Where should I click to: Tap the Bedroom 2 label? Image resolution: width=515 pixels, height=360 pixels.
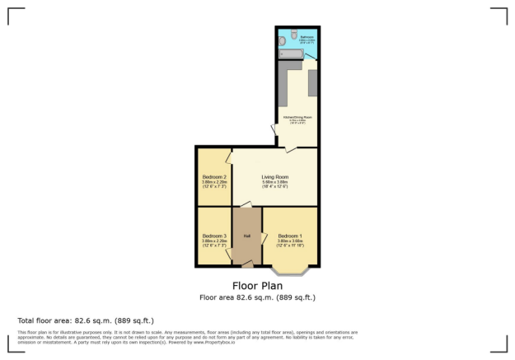coord(214,176)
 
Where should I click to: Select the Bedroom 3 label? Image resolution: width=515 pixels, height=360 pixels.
coord(214,236)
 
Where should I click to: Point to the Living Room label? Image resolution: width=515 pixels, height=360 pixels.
coord(274,176)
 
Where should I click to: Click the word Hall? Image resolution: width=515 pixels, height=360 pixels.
coord(246,236)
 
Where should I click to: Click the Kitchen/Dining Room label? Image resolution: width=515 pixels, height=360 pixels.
coord(296,118)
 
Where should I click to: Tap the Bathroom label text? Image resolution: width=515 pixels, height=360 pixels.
coord(307,36)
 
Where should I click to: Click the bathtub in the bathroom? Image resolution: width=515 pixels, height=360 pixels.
coord(292,54)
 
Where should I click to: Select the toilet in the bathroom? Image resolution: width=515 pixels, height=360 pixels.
coord(294,35)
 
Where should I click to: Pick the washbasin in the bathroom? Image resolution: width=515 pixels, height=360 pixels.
coord(282,40)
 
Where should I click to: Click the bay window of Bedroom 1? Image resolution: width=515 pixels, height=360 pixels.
coord(288,270)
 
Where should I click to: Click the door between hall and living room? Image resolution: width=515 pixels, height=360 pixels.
coord(246,204)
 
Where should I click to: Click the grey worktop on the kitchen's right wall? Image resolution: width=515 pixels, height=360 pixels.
coord(312,82)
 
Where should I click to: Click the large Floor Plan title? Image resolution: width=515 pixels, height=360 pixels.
coord(258,286)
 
